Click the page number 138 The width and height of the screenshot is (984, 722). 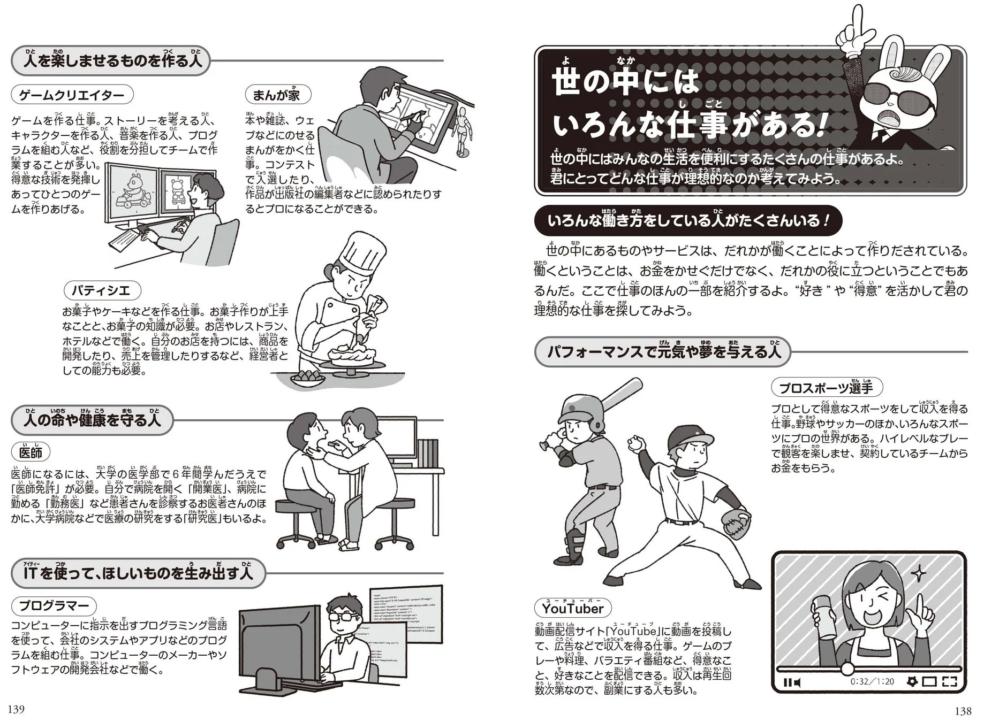click(x=962, y=711)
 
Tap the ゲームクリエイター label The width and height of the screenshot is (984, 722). click(x=72, y=95)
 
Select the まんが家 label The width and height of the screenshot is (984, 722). click(x=277, y=95)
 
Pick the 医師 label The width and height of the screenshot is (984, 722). click(x=30, y=452)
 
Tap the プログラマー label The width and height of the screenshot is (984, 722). click(x=54, y=606)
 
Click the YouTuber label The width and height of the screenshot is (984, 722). click(x=572, y=608)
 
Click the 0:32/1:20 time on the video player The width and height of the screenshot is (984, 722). click(x=873, y=682)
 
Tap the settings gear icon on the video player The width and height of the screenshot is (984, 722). click(x=912, y=682)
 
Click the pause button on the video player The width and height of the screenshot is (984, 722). click(x=788, y=682)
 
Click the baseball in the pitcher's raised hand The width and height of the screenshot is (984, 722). click(x=635, y=443)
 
